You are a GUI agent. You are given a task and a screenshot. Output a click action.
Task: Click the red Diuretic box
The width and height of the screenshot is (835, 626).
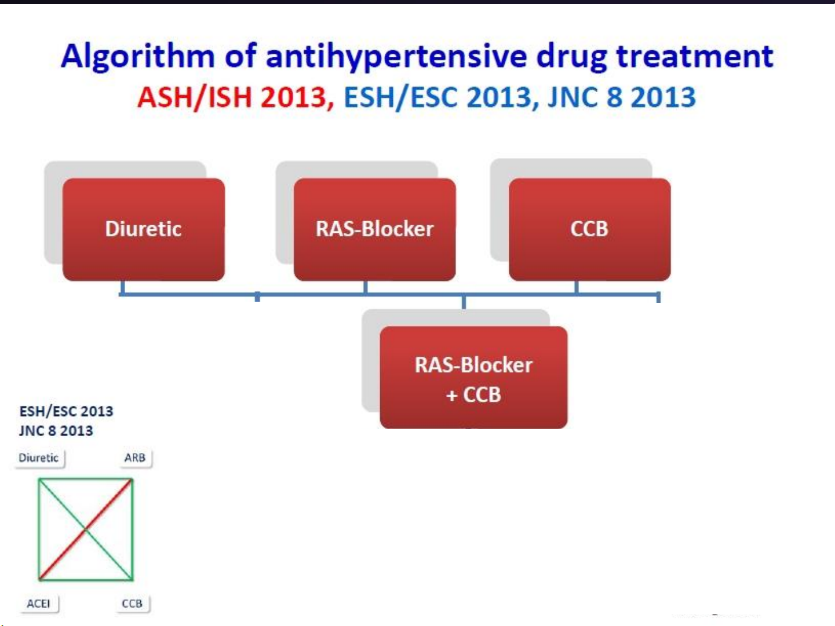tap(143, 229)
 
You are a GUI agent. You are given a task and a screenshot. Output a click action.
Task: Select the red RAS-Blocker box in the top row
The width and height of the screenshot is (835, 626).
tap(374, 229)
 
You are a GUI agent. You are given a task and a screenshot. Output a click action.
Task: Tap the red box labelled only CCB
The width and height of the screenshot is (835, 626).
tap(590, 229)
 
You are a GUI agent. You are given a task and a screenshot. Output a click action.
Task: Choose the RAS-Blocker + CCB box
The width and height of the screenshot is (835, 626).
tap(473, 378)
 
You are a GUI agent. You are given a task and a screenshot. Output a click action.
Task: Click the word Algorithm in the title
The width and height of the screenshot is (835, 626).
tap(138, 57)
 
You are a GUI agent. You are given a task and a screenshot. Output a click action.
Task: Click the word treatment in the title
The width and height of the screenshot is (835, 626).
tap(695, 56)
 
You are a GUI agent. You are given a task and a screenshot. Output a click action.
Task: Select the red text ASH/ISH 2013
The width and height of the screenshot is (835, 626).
tap(235, 97)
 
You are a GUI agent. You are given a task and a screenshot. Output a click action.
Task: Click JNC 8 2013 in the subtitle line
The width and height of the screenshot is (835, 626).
tap(622, 97)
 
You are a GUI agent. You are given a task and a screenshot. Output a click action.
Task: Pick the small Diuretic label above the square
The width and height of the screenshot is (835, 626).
tap(38, 457)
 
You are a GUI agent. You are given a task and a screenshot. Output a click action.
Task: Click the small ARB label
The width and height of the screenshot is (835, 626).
tap(135, 457)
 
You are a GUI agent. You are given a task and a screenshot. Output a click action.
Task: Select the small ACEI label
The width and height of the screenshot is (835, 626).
tap(38, 603)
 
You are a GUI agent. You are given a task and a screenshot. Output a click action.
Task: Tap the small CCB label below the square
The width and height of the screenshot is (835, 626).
tap(132, 603)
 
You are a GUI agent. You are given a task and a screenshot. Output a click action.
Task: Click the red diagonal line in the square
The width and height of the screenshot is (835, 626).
tap(86, 529)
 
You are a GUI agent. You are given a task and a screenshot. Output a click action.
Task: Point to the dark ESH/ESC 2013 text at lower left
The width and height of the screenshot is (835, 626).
tap(66, 411)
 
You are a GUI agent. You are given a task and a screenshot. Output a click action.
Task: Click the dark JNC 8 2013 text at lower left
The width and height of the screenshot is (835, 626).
tap(56, 431)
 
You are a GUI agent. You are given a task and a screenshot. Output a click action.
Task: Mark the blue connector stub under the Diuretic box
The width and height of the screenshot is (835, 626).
tap(122, 287)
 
